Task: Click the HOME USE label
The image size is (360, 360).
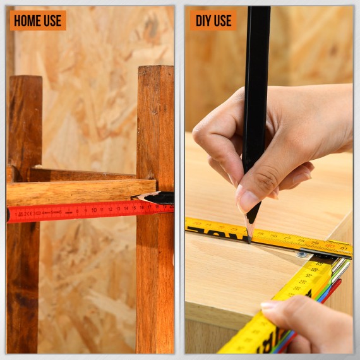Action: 38,20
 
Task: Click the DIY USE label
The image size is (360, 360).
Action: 213,20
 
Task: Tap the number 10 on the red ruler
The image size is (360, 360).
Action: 93,210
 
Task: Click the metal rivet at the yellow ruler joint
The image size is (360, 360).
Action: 303,254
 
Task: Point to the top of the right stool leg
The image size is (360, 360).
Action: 155,69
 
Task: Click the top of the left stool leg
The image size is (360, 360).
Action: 25,80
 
